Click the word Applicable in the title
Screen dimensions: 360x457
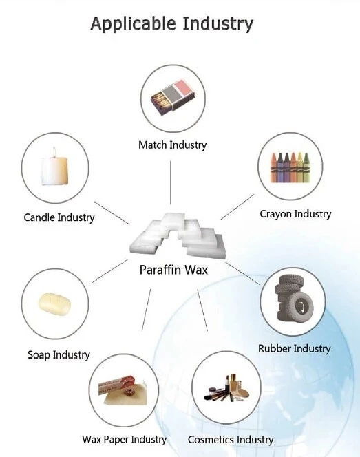click(x=134, y=24)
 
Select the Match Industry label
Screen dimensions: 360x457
click(x=173, y=145)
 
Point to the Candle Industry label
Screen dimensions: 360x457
click(x=59, y=217)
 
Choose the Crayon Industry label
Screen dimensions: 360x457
click(x=295, y=214)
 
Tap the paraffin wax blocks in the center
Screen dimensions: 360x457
click(x=178, y=235)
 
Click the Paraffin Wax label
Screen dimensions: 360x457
click(x=173, y=270)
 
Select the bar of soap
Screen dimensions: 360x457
click(x=54, y=304)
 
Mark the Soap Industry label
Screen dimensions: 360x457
click(x=59, y=355)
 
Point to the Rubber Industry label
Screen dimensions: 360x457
click(x=294, y=349)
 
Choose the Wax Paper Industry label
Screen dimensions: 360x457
click(x=124, y=440)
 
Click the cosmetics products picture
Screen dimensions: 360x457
click(x=226, y=388)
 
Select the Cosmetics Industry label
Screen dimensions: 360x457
click(x=231, y=440)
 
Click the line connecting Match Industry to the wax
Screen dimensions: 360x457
click(x=170, y=182)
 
